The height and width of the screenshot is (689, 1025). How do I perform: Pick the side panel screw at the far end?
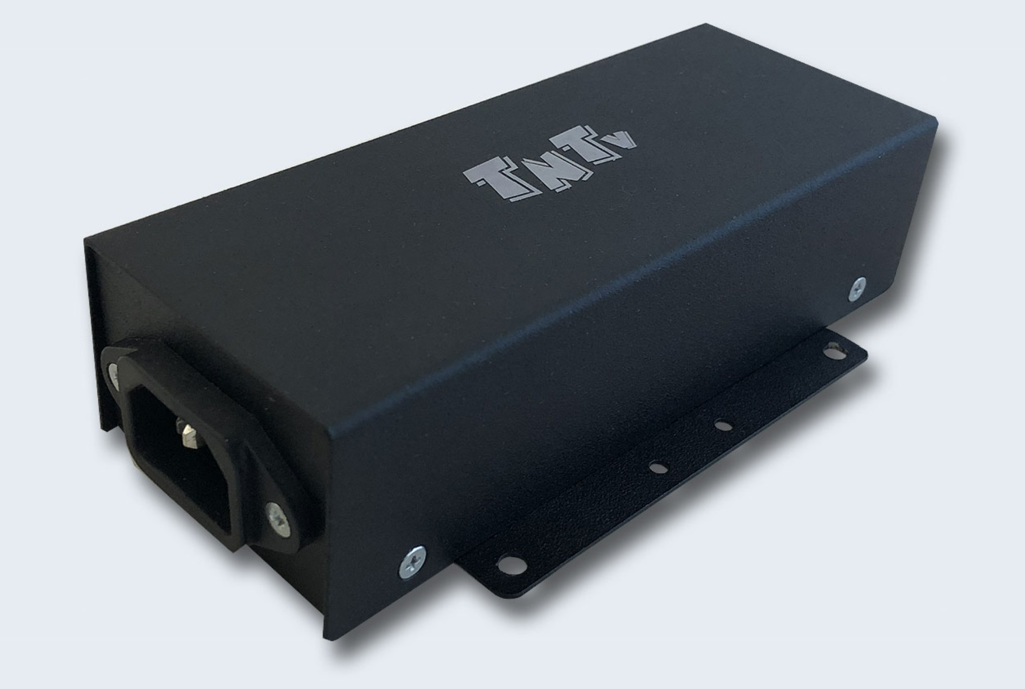tap(857, 288)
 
